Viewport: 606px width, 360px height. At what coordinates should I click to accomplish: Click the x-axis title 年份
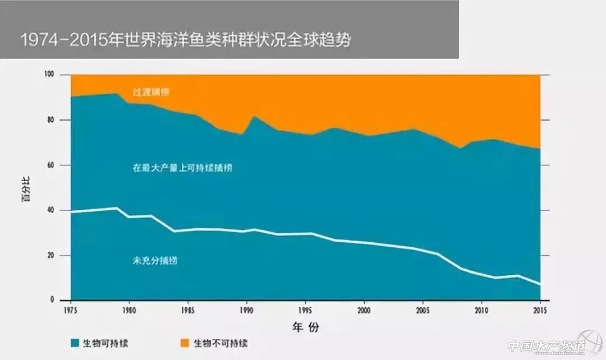[305, 327]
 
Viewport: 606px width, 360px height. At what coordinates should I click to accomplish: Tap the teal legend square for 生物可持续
[75, 343]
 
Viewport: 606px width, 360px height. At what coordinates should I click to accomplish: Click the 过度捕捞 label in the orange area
[151, 92]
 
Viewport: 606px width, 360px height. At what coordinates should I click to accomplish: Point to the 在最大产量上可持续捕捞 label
[182, 168]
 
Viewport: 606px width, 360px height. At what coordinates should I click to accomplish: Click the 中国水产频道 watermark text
[542, 347]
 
